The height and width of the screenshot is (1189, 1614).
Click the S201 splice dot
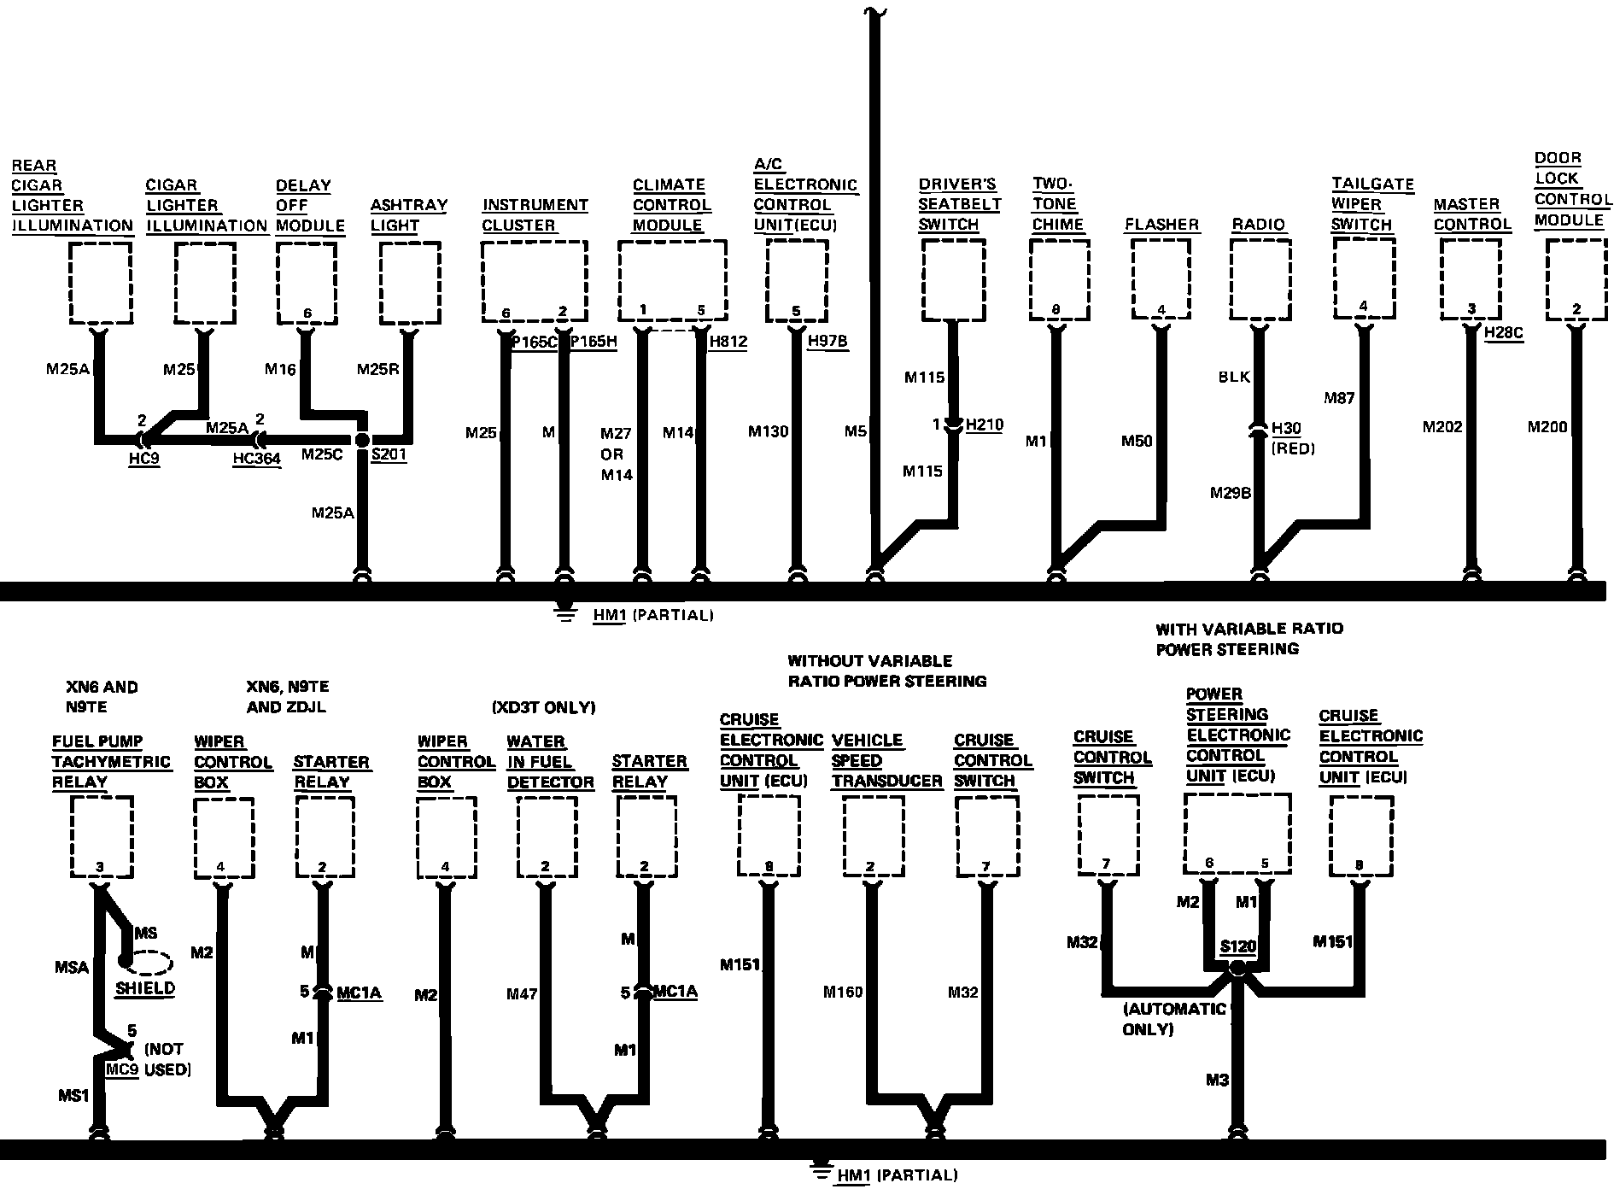click(x=361, y=440)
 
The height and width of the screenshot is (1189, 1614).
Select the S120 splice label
click(x=1237, y=946)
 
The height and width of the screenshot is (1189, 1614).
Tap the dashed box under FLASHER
click(x=1161, y=278)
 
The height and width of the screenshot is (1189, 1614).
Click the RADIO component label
click(x=1258, y=225)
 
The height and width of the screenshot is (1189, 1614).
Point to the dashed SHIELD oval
click(x=147, y=963)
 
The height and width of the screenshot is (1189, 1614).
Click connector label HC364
click(x=256, y=460)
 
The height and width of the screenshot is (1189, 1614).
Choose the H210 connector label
click(x=984, y=425)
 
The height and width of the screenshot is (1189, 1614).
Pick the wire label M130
click(x=768, y=432)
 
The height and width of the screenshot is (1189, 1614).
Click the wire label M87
click(x=1339, y=398)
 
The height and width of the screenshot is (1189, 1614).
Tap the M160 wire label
click(x=843, y=992)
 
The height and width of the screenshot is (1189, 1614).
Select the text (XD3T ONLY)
click(x=543, y=707)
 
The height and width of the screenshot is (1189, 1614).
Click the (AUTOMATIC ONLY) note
click(x=1173, y=1019)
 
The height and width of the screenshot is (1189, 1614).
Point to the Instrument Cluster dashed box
click(x=535, y=280)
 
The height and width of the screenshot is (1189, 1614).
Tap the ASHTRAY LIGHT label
click(x=408, y=215)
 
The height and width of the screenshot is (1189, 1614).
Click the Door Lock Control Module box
click(x=1576, y=278)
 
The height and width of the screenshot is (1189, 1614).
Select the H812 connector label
click(x=728, y=342)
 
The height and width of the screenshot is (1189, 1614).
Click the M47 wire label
click(x=522, y=993)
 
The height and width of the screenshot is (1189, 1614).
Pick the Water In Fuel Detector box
click(x=546, y=837)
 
